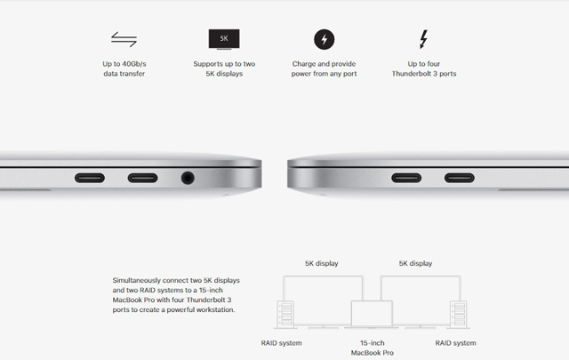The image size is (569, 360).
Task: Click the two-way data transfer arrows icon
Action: [124, 39]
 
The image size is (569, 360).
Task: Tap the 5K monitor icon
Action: [224, 39]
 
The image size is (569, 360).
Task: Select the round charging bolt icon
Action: [324, 39]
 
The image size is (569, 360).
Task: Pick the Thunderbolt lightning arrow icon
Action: [423, 39]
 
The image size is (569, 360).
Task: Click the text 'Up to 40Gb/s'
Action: [124, 64]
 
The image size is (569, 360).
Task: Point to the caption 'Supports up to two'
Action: [224, 64]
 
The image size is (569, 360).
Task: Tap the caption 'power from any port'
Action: [324, 74]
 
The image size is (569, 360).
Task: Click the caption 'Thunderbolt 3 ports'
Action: [424, 74]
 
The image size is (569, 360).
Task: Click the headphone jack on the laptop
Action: [188, 178]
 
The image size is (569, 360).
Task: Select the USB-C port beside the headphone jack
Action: [142, 178]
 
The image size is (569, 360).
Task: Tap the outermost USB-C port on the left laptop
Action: [90, 178]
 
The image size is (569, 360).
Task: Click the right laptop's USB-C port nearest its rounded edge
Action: [406, 178]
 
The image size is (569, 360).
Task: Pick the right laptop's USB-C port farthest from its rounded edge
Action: [460, 178]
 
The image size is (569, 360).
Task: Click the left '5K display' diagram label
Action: [322, 263]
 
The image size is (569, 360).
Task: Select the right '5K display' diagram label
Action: [415, 263]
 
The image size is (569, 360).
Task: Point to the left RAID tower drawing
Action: [285, 315]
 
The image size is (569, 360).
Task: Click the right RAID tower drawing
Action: [459, 315]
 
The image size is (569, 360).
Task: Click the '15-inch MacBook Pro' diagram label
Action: [373, 348]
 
